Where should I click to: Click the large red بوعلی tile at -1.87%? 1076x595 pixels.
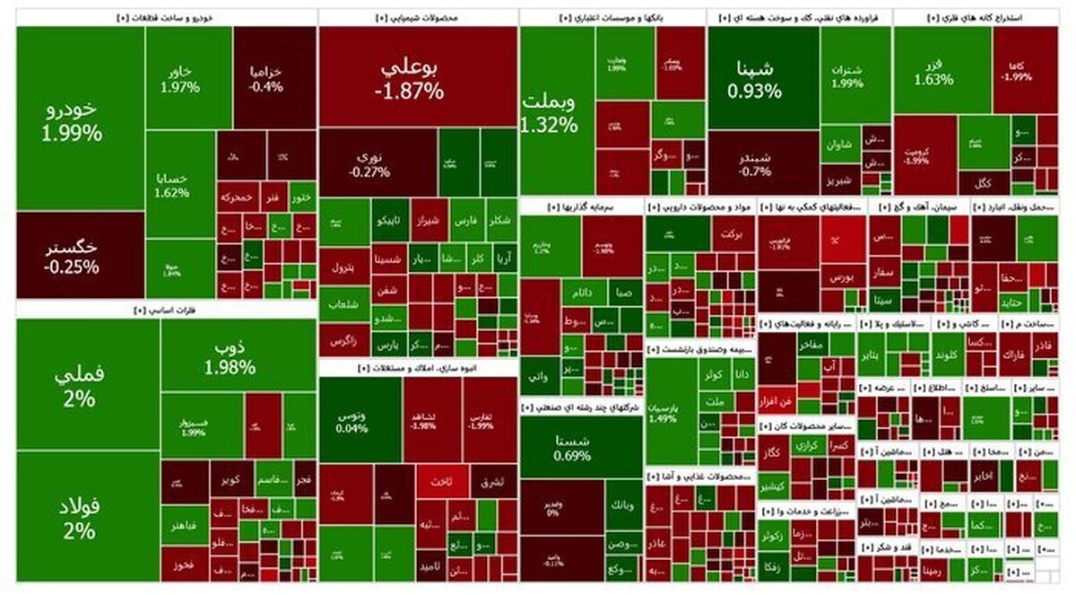416,77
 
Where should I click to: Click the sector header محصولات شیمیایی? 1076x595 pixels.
417,17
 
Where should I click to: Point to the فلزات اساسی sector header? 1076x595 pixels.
167,311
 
